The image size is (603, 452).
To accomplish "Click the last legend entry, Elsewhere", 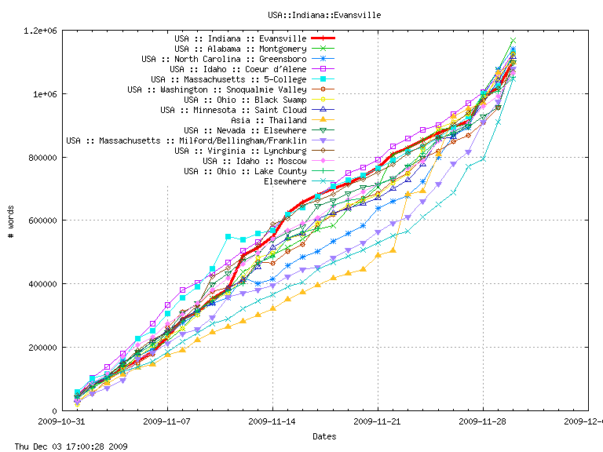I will click(x=285, y=181).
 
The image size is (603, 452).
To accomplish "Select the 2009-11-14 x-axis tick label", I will click(x=272, y=421).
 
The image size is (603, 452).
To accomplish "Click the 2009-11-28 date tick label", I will click(x=483, y=421).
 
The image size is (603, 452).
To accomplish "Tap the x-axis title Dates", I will click(x=325, y=436).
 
